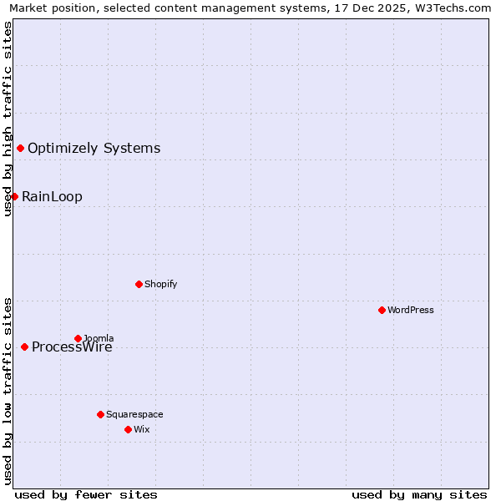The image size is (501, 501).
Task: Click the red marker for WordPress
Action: tap(382, 310)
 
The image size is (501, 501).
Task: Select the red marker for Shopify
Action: tap(139, 284)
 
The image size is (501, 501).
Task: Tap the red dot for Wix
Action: tap(128, 429)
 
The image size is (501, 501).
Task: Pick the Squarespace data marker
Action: tap(100, 414)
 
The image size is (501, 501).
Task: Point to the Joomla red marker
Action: tap(78, 338)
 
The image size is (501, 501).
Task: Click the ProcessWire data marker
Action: tap(24, 347)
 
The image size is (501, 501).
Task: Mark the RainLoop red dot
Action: tap(14, 196)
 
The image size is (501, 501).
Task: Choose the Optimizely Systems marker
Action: tap(20, 148)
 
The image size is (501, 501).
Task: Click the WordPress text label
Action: tap(410, 310)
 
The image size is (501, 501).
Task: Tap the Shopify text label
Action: tap(160, 284)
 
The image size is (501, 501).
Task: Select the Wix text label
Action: tap(141, 429)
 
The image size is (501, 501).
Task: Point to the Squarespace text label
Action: tap(134, 414)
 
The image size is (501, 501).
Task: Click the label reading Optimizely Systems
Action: tap(94, 149)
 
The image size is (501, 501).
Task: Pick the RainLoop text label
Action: tap(52, 197)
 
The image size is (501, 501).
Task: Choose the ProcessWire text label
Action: tap(72, 347)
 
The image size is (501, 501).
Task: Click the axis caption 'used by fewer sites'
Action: tap(86, 494)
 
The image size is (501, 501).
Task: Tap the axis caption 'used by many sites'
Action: tap(419, 494)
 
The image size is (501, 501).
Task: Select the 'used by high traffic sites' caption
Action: tap(8, 119)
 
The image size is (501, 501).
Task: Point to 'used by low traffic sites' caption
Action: tap(8, 390)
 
